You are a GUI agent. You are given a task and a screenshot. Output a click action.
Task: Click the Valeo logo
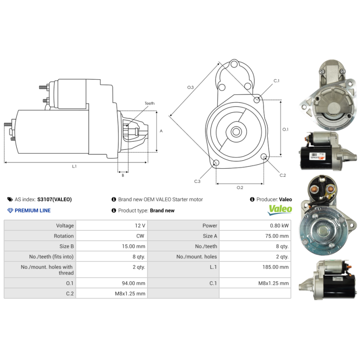[280, 209]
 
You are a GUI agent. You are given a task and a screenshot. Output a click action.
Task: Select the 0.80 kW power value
[279, 225]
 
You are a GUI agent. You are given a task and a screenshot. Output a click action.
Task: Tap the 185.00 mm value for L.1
[277, 267]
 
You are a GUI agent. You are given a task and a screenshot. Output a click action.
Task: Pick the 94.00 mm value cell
[135, 283]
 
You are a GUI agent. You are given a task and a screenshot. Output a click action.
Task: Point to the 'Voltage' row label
[64, 225]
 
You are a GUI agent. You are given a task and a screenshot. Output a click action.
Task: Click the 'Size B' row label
[66, 246]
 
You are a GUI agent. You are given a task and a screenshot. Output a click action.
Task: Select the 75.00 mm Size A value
[278, 236]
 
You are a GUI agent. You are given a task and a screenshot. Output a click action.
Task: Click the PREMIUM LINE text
[32, 211]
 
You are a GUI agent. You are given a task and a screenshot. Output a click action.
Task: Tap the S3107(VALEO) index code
[54, 199]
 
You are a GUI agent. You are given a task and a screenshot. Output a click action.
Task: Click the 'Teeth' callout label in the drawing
[149, 103]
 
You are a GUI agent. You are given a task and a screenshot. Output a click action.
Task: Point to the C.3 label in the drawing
[197, 181]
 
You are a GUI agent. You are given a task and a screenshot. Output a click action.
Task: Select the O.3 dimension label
[190, 87]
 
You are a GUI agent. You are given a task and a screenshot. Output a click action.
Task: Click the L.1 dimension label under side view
[74, 166]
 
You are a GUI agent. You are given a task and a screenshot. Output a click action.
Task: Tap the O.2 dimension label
[240, 187]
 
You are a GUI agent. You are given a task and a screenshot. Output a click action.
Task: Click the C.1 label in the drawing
[276, 81]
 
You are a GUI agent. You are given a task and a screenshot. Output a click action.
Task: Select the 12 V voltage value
[140, 225]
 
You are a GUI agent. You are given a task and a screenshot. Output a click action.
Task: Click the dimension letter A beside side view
[161, 131]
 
